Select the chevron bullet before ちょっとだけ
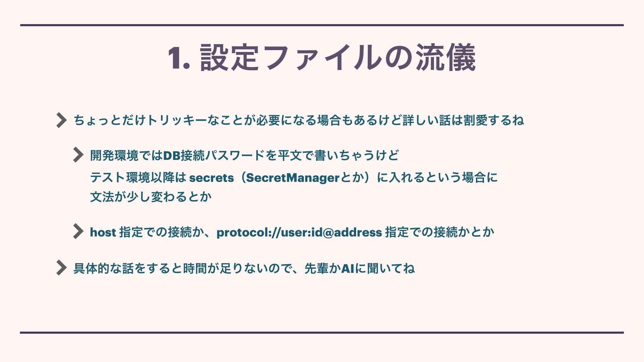[x=61, y=120]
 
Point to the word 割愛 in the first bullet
[x=475, y=120]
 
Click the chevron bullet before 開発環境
[x=78, y=155]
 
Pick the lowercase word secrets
[x=211, y=178]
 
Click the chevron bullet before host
[x=78, y=231]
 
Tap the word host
[x=103, y=232]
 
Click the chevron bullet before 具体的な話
[x=61, y=268]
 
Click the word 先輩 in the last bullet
[x=317, y=268]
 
